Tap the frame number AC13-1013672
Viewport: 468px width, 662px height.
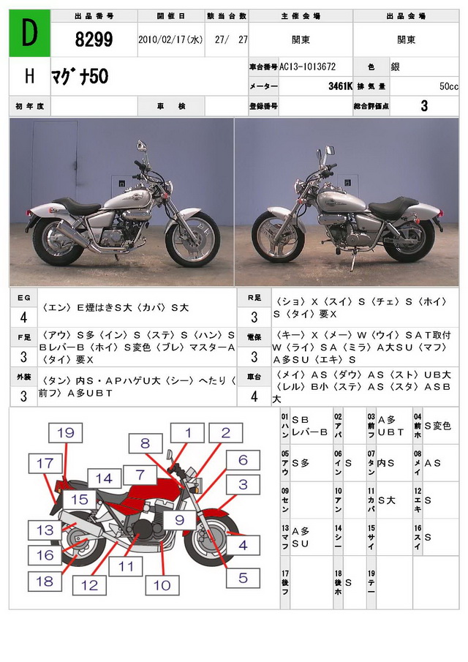(x=308, y=67)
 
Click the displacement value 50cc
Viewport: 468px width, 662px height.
(x=448, y=86)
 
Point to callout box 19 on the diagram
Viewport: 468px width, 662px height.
(x=65, y=432)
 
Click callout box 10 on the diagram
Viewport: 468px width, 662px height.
(x=162, y=584)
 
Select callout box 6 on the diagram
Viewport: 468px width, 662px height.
(x=243, y=460)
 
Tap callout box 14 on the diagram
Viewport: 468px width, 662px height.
(x=107, y=479)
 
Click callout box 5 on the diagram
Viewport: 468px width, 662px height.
(x=243, y=578)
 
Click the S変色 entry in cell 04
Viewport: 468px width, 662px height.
(x=437, y=426)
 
